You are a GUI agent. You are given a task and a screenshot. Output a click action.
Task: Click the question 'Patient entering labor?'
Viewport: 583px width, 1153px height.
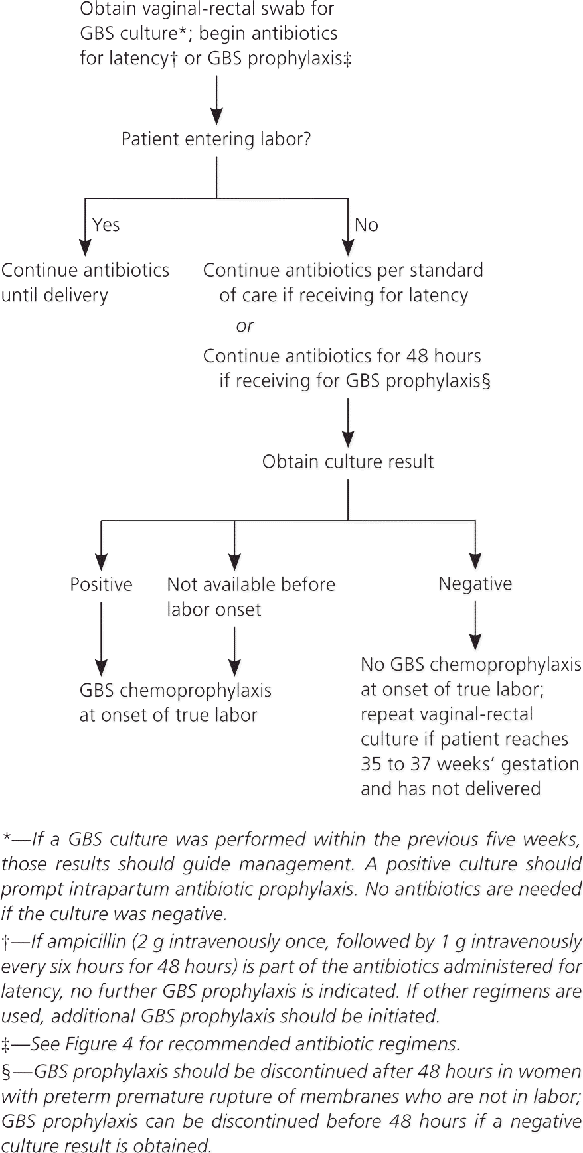point(216,140)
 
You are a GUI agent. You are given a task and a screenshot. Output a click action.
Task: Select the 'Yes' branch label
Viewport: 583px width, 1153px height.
point(106,225)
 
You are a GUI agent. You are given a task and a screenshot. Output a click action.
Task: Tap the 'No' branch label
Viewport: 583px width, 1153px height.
point(367,225)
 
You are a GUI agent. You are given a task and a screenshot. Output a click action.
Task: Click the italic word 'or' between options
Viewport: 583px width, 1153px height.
point(244,326)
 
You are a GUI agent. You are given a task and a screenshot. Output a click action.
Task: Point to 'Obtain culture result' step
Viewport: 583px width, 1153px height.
point(348,462)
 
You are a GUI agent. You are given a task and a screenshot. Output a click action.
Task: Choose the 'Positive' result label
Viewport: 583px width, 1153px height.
point(101,584)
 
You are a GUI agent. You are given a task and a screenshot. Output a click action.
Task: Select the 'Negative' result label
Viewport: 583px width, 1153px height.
point(475,584)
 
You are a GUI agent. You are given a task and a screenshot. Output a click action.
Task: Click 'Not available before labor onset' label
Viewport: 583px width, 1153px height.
point(251,597)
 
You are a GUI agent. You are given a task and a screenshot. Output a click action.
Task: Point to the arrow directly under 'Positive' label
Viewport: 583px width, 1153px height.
point(101,639)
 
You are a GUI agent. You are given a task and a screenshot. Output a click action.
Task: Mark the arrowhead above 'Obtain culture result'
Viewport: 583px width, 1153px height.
point(348,438)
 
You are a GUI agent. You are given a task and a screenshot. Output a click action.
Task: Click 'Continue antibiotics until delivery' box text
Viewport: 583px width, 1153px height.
point(85,283)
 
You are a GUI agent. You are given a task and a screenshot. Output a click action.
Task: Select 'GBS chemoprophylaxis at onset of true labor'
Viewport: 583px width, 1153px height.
point(175,703)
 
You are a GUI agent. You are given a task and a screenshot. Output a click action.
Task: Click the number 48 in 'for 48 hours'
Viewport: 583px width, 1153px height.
point(417,356)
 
